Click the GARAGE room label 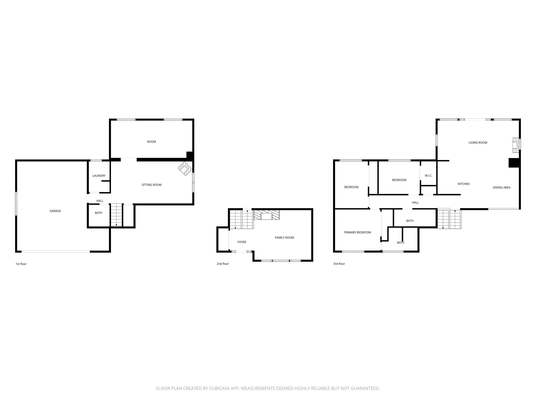[55, 211]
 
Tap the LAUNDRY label [99, 176]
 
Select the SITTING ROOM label [152, 185]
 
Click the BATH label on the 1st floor [98, 213]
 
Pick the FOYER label [242, 242]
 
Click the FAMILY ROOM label [284, 238]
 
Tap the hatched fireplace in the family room [267, 215]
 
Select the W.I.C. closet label [428, 176]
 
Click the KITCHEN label [464, 184]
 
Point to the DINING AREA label [501, 187]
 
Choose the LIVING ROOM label [478, 143]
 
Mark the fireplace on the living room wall [516, 145]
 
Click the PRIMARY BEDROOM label [358, 232]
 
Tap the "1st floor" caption [21, 264]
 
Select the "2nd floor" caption [223, 264]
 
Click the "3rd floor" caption [339, 264]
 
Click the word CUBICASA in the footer [219, 389]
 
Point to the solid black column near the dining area [513, 163]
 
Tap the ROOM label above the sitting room [152, 142]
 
